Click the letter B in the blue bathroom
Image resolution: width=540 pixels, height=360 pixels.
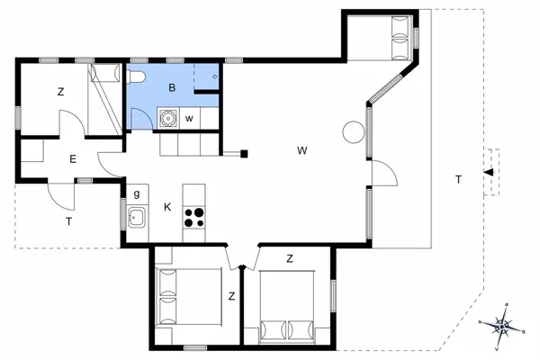tap(172, 87)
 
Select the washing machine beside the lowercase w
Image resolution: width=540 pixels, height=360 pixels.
tap(166, 117)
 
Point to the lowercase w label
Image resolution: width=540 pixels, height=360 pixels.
tap(189, 118)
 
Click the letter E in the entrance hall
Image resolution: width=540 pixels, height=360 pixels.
tap(73, 159)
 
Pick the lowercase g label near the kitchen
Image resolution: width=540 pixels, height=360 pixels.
tap(137, 193)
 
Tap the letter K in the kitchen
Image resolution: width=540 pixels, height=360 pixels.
tap(167, 207)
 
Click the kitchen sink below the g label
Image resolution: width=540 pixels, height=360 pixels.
tap(137, 216)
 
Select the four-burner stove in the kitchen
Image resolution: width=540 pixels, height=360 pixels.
tap(193, 216)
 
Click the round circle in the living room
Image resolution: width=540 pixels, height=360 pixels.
tap(352, 133)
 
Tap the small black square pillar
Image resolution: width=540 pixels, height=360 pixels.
tap(244, 154)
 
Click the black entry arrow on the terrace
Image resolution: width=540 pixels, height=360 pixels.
tap(487, 172)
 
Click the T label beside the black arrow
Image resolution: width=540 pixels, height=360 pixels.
tap(458, 180)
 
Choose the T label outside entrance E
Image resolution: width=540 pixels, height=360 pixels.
tap(67, 220)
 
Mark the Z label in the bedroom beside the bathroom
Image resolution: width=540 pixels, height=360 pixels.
tap(61, 92)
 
